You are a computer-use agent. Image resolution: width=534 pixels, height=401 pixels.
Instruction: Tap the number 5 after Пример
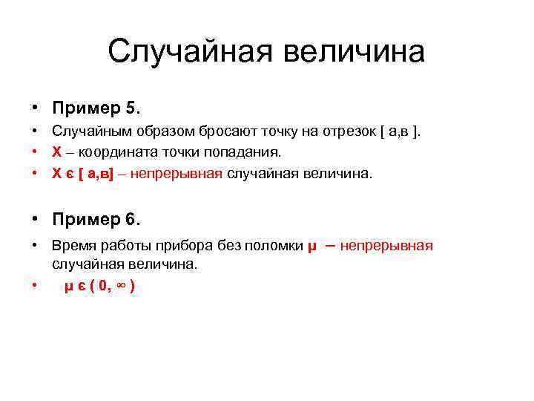click(133, 108)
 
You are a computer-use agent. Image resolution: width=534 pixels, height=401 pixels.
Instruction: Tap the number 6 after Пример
click(133, 220)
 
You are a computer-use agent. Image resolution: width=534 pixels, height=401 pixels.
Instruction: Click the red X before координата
click(57, 152)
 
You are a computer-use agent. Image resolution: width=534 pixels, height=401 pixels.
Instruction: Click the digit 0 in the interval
click(101, 287)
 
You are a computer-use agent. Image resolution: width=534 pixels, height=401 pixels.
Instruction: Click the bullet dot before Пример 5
click(35, 108)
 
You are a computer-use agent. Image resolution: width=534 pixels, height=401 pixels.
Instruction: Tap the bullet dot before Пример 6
click(35, 220)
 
